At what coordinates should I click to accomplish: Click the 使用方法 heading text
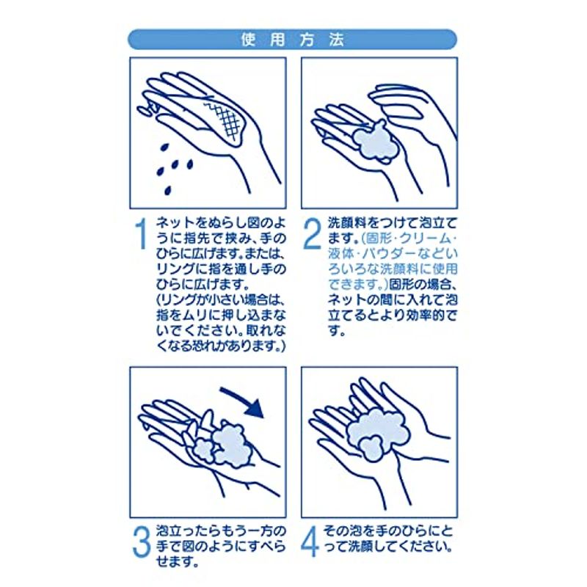tap(292, 40)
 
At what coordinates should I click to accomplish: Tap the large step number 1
tap(141, 234)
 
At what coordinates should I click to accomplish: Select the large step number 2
tap(312, 234)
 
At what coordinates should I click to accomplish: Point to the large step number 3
tap(142, 541)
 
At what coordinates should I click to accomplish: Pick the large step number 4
tap(310, 541)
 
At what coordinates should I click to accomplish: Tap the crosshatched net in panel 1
tap(225, 120)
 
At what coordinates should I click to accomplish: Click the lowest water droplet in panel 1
tap(168, 191)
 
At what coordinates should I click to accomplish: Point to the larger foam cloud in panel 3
tap(232, 445)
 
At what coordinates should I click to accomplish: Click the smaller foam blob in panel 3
tap(203, 449)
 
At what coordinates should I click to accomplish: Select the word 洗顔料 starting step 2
tap(346, 223)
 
